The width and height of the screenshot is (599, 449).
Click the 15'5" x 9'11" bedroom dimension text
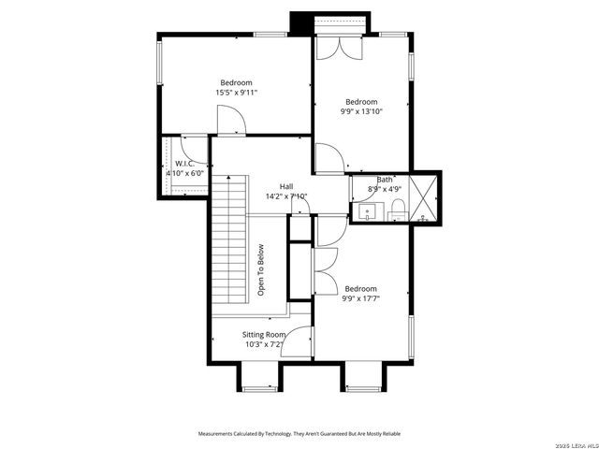pos(236,93)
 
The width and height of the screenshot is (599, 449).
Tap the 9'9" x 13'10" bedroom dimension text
pos(361,111)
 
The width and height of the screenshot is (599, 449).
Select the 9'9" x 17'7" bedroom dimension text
pos(361,299)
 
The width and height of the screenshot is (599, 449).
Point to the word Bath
pos(385,180)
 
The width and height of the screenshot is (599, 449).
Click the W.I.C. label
pos(184,164)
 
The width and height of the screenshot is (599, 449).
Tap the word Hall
pos(286,186)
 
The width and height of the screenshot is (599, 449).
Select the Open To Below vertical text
pos(261,271)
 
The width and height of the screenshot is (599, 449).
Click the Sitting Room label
pos(264,334)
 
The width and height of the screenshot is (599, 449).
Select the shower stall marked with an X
pos(425,197)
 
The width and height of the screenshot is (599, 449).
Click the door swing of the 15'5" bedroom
pos(230,120)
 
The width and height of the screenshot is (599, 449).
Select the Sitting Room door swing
pos(298,342)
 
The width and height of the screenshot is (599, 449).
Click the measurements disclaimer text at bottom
pos(300,434)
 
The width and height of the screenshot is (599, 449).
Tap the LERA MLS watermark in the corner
pos(572,443)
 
